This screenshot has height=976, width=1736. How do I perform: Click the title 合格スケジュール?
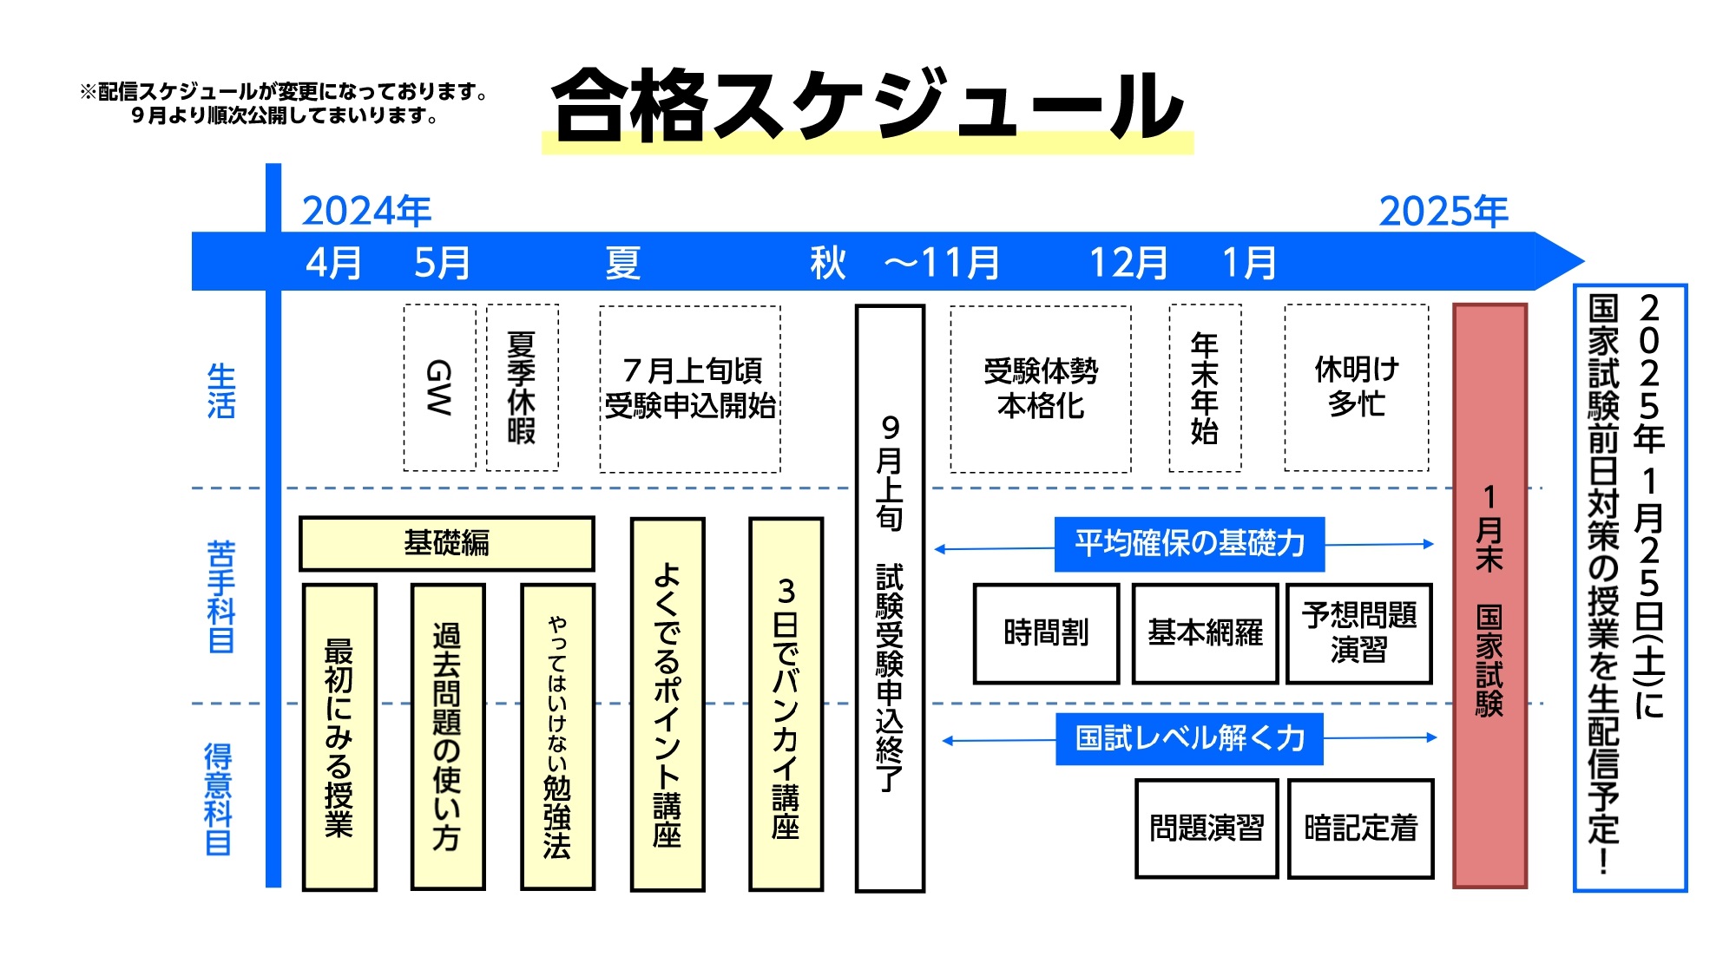click(868, 106)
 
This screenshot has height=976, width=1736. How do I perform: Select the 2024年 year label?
click(366, 211)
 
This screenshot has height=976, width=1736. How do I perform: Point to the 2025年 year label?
click(1443, 211)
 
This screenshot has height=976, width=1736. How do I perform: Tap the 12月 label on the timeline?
click(1128, 262)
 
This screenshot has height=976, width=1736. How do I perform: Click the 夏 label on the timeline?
click(622, 262)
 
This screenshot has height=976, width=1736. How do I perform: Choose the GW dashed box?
click(440, 387)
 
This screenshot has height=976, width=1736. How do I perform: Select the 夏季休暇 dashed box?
click(522, 387)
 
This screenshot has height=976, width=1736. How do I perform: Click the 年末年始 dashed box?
click(1205, 387)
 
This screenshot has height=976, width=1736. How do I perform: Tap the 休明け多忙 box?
click(1357, 387)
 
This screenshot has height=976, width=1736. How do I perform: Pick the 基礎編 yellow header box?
click(447, 543)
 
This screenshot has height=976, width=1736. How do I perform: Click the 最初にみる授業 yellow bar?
click(339, 737)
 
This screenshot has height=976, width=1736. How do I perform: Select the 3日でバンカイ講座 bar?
click(786, 704)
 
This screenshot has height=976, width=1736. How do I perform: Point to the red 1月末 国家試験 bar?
click(1489, 595)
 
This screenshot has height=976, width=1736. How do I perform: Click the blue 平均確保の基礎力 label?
click(1189, 544)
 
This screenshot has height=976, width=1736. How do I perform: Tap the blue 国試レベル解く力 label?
click(1189, 738)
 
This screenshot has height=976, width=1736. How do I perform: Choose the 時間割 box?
click(1046, 633)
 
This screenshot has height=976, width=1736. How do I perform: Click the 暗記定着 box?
click(1360, 829)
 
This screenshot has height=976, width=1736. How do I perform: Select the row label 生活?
click(220, 391)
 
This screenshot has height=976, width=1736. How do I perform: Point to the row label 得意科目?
click(219, 799)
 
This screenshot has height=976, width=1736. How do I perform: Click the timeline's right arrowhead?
click(1559, 260)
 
